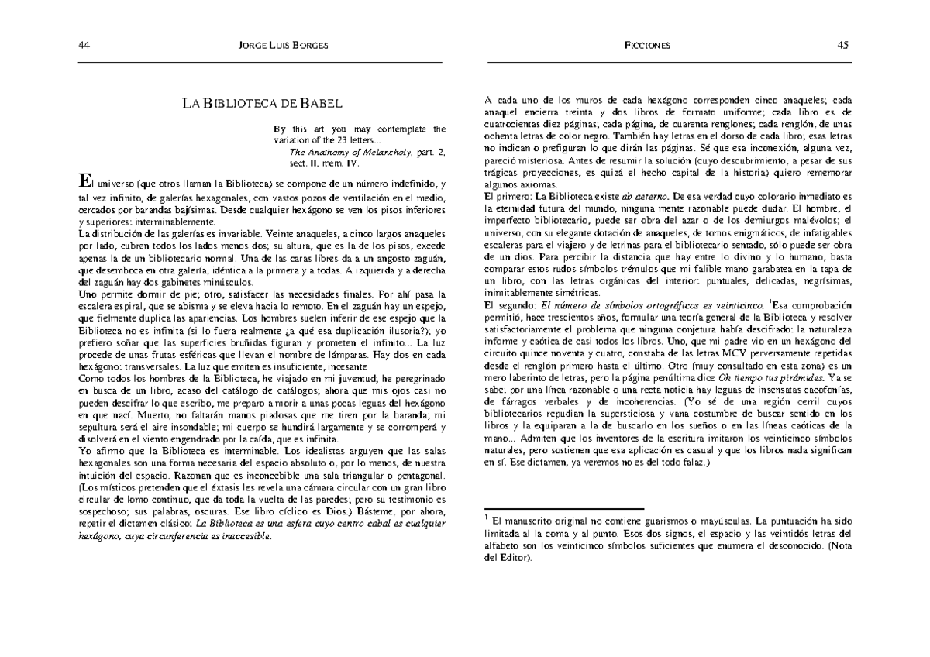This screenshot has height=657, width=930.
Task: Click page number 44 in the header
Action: click(x=84, y=45)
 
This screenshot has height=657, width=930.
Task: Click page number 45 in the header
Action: click(x=843, y=45)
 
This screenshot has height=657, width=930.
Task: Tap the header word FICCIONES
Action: click(x=648, y=45)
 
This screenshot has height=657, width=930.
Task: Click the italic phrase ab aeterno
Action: click(x=639, y=198)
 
